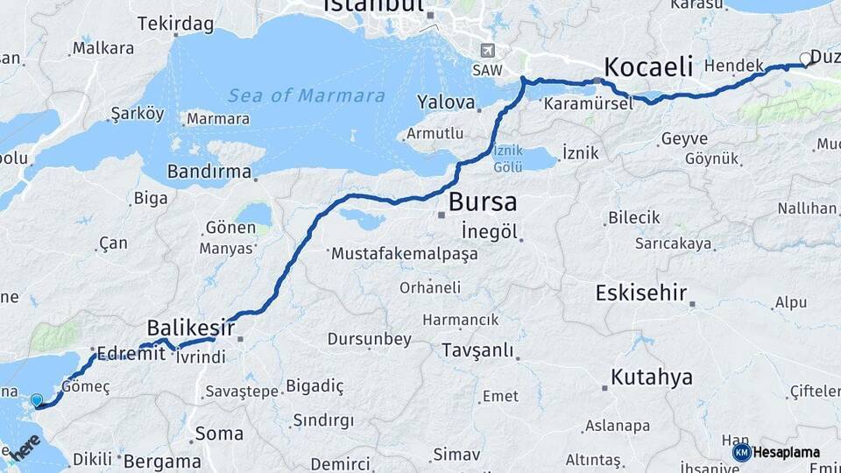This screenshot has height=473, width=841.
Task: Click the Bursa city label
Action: pos(482,202)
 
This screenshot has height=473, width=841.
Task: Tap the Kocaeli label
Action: pos(648,67)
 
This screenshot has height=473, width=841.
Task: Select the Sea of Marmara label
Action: pos(307,95)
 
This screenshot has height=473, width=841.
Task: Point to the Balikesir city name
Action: pos(190,328)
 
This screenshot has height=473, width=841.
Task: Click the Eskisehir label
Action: pos(640,293)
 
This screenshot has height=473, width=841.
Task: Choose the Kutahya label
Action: pos(652,378)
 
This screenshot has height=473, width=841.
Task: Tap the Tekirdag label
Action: pos(175,24)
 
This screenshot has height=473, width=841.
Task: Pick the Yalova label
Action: pos(447,102)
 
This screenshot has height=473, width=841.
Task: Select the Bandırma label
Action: pos(208,171)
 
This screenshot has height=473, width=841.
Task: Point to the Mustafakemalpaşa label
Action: pos(404,254)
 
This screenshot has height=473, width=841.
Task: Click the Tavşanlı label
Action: pos(477,351)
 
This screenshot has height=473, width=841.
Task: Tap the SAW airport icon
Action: pos(487,52)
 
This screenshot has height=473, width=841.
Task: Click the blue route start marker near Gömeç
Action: pos(36,401)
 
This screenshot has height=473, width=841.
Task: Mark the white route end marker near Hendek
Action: pos(805,60)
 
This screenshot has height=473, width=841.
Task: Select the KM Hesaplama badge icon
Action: pos(741,453)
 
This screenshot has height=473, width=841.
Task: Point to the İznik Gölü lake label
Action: pos(508,158)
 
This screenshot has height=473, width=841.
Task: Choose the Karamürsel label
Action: pos(588,103)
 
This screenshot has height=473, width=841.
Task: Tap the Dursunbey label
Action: pos(368,338)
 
